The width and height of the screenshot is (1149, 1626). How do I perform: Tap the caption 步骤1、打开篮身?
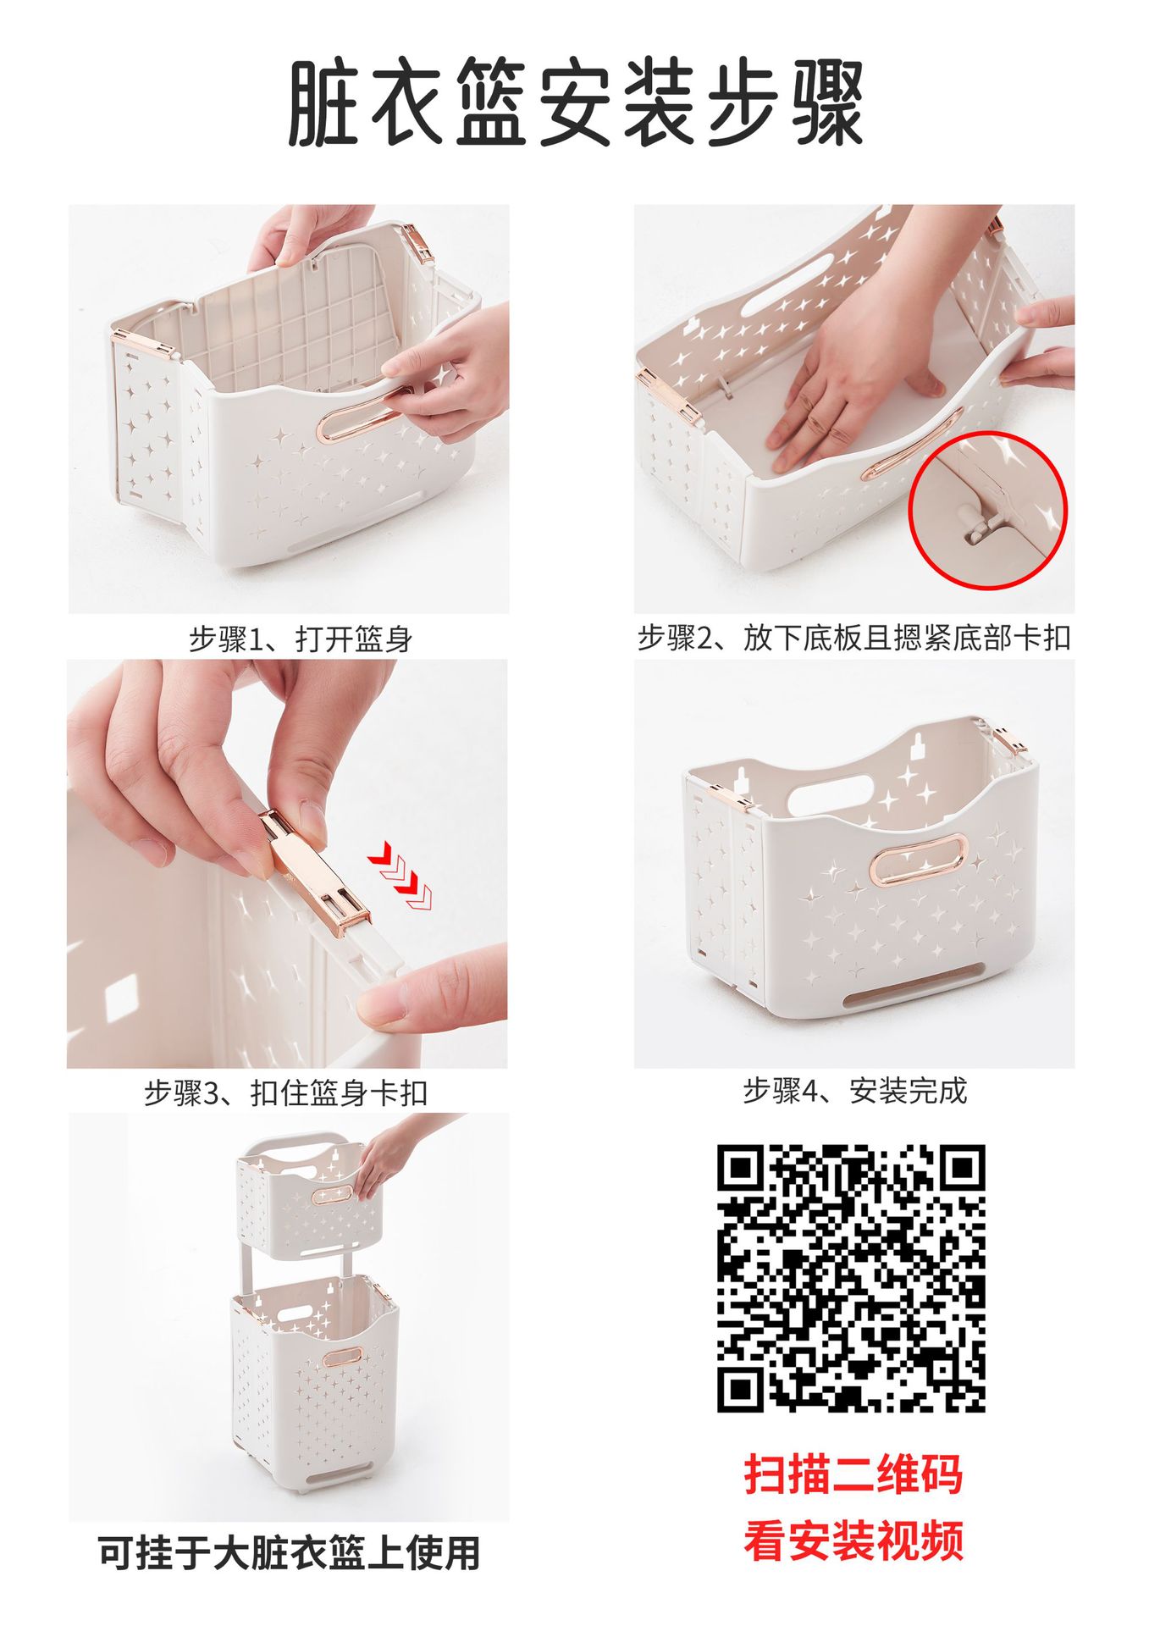(300, 639)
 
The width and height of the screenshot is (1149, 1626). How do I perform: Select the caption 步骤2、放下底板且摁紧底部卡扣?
(853, 638)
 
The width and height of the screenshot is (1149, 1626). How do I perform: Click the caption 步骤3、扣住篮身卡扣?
(285, 1093)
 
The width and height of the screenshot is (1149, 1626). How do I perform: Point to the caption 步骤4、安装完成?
(854, 1091)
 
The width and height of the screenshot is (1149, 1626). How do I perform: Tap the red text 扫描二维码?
(853, 1474)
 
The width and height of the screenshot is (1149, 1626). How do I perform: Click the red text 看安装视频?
(853, 1540)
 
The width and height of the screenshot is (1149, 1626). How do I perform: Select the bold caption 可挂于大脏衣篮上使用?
(289, 1553)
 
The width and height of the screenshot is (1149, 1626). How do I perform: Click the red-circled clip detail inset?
(987, 510)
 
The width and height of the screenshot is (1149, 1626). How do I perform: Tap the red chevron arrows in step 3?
(400, 876)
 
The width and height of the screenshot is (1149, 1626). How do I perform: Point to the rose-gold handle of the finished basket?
(918, 859)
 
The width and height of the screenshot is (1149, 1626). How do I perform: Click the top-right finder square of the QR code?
(960, 1170)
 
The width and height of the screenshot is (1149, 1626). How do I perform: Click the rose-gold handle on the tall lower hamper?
(341, 1357)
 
